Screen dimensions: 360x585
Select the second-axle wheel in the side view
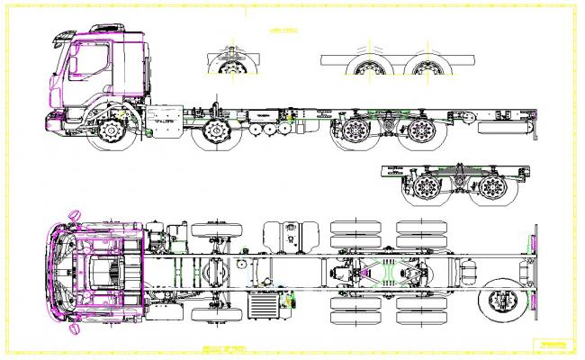[x=216, y=134]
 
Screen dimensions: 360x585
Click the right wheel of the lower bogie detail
[x=490, y=188]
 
